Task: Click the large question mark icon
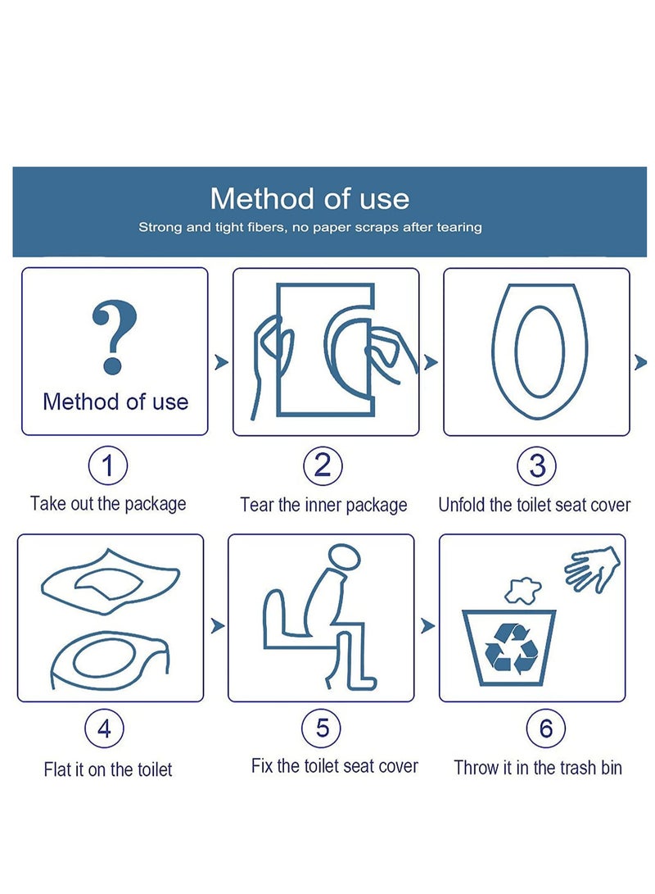tap(114, 337)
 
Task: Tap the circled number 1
tap(108, 466)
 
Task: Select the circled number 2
tap(323, 466)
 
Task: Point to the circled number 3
tap(537, 466)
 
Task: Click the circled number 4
tap(105, 728)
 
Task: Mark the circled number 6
tap(546, 728)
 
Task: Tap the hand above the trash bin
tap(592, 568)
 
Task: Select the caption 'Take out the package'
tap(108, 503)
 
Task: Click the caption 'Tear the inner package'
tap(323, 505)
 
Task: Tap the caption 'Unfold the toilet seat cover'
tap(535, 505)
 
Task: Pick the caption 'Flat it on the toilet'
tap(108, 769)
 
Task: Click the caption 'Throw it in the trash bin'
tap(538, 768)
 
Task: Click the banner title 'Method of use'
tap(309, 198)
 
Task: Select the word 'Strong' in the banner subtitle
tap(161, 227)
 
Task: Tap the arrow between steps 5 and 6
tap(427, 626)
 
